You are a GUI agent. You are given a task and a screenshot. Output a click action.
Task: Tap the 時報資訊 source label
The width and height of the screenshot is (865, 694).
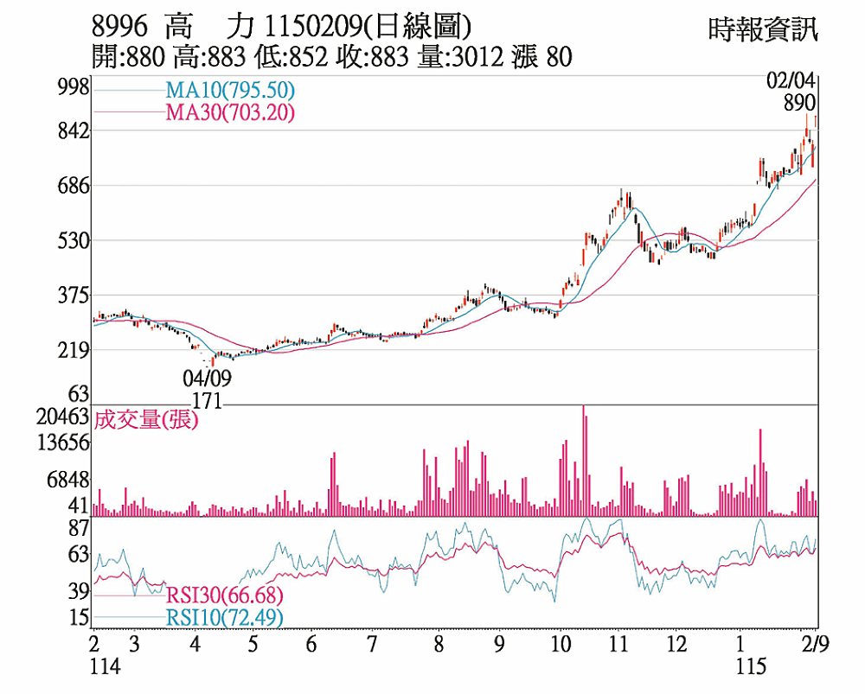click(761, 30)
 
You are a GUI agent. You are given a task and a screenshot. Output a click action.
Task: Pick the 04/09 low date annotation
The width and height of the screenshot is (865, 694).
click(207, 379)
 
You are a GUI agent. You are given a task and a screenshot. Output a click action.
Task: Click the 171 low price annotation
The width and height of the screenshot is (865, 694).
click(208, 402)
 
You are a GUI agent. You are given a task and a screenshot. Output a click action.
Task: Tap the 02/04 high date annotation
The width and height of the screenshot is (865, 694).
click(791, 81)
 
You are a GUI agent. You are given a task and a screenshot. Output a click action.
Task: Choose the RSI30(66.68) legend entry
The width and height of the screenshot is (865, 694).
click(223, 595)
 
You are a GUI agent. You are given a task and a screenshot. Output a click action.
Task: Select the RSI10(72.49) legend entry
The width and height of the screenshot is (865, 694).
click(223, 617)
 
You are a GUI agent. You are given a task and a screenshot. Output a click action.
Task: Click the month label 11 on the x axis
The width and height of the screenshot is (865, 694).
click(617, 645)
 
